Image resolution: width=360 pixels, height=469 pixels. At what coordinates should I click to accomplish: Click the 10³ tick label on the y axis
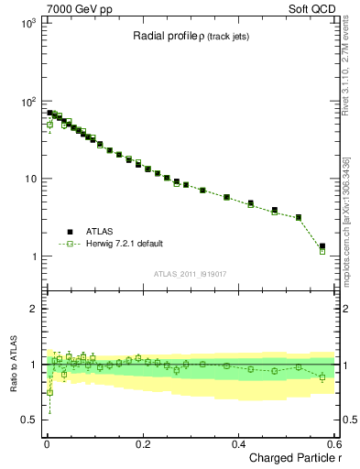tap(26, 22)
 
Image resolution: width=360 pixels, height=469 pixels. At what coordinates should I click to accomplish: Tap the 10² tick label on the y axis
tap(26, 100)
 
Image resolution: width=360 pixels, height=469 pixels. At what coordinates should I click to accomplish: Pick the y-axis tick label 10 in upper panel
tap(27, 179)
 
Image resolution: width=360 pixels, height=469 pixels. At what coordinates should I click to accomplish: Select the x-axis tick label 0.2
tap(143, 443)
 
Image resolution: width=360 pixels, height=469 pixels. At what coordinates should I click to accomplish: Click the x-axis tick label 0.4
tap(239, 443)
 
